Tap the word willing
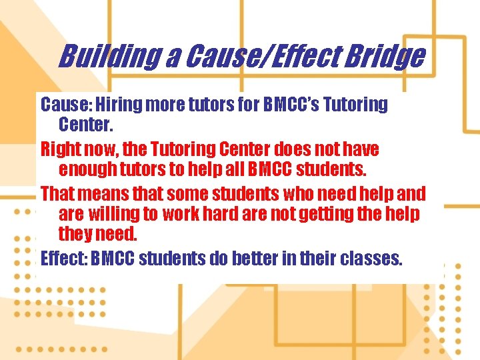pos(113,215)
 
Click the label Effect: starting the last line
pos(63,258)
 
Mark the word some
pos(186,194)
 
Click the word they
pos(75,235)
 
